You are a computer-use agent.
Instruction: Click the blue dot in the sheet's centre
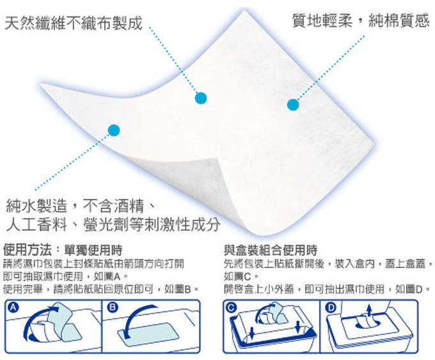[x=202, y=98]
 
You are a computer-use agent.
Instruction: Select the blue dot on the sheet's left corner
[x=115, y=130]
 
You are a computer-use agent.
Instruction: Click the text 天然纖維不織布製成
[x=72, y=24]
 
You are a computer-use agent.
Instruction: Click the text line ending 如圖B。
[x=99, y=289]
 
